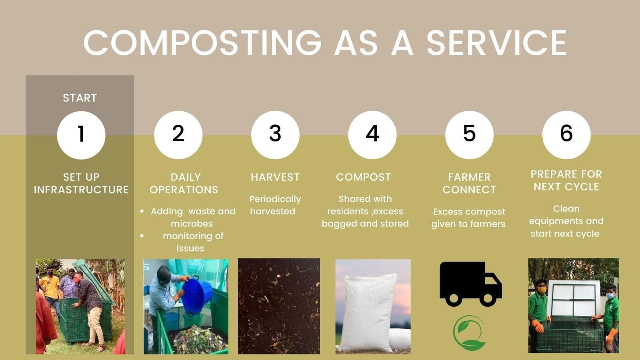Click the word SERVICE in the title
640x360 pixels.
[496, 42]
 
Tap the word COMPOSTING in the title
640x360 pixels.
[202, 42]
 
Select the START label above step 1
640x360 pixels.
[80, 98]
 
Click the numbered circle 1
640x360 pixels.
[81, 135]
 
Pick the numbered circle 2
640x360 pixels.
[178, 135]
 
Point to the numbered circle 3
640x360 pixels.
[276, 135]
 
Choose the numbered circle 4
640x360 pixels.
[372, 135]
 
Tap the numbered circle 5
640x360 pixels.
[470, 135]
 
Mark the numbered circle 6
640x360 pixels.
[566, 135]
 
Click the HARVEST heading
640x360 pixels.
[275, 177]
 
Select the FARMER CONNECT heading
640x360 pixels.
[469, 184]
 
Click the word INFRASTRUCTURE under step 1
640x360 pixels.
[81, 190]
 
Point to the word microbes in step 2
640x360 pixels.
[192, 224]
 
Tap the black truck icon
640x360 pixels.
[470, 284]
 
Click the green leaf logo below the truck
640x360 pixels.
[469, 333]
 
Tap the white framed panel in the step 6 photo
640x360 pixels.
[572, 298]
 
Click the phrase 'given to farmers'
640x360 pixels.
[468, 224]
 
